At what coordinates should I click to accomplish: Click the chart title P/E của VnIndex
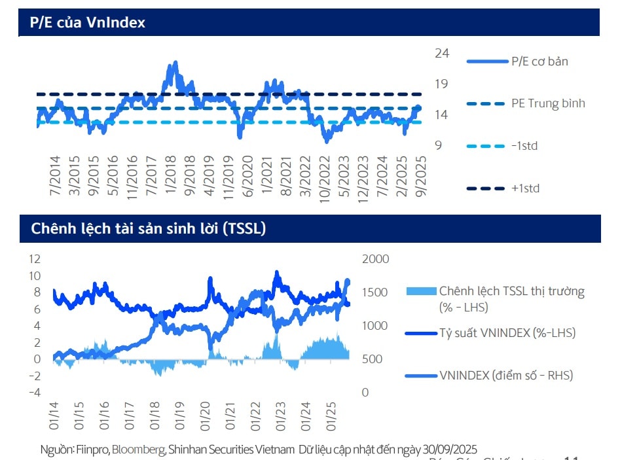[x=88, y=22]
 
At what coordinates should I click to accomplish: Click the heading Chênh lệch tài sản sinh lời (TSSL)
[x=148, y=228]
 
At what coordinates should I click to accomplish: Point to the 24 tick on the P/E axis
[x=442, y=54]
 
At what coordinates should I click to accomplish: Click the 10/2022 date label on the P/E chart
[x=323, y=177]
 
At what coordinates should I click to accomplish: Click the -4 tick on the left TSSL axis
[x=34, y=393]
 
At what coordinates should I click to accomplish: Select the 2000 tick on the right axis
[x=376, y=259]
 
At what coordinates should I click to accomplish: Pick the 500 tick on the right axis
[x=372, y=359]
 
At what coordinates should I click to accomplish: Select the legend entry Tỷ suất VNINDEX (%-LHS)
[x=507, y=333]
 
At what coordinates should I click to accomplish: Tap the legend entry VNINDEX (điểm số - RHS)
[x=506, y=375]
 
